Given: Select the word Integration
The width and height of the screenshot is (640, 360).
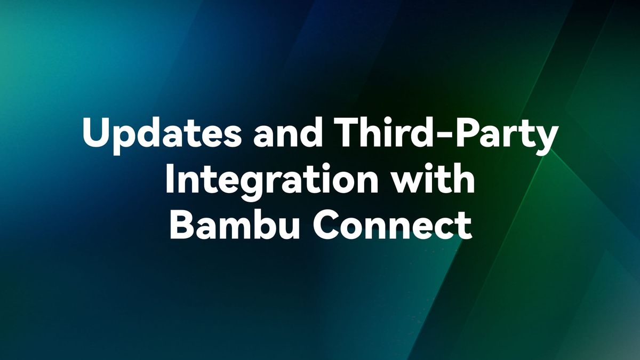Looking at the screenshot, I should coord(270,180).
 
